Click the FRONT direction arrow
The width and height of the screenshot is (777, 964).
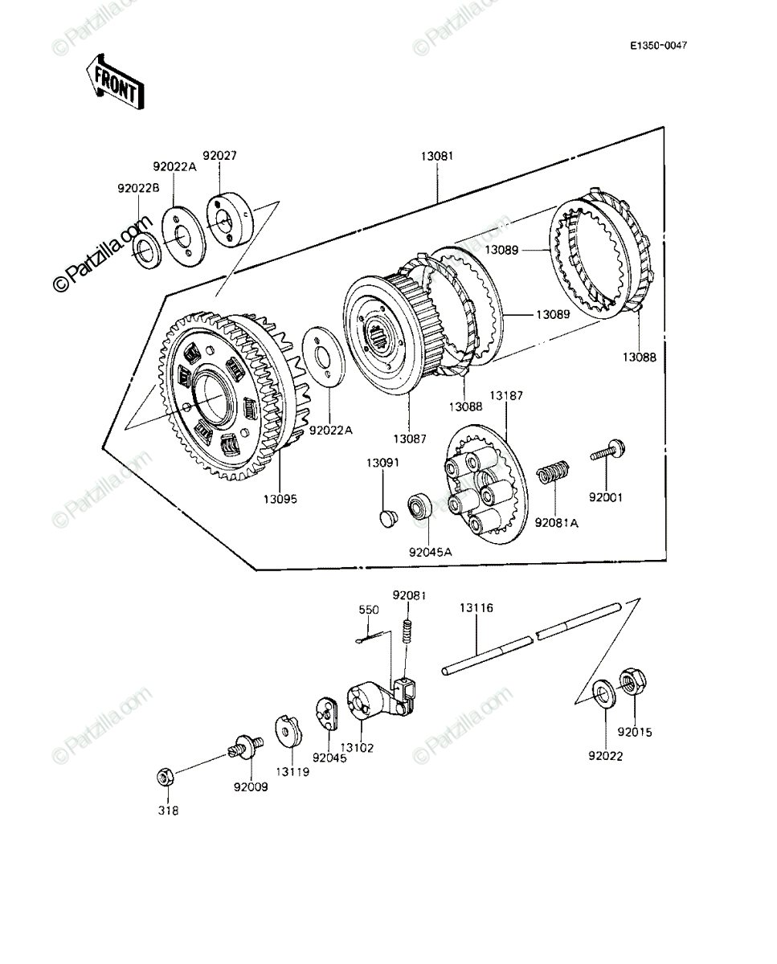[x=116, y=81]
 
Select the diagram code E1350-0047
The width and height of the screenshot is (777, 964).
[x=658, y=46]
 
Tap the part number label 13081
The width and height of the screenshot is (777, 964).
[x=437, y=156]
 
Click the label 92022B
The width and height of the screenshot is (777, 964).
[x=138, y=189]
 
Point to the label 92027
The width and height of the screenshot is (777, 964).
[x=219, y=155]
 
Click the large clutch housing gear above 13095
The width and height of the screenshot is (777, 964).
[x=232, y=395]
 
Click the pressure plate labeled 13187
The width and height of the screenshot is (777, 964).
[x=487, y=484]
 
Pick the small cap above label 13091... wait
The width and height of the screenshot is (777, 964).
[x=387, y=518]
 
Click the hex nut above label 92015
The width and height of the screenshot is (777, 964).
[x=632, y=683]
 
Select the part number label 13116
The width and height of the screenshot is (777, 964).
[x=476, y=608]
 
